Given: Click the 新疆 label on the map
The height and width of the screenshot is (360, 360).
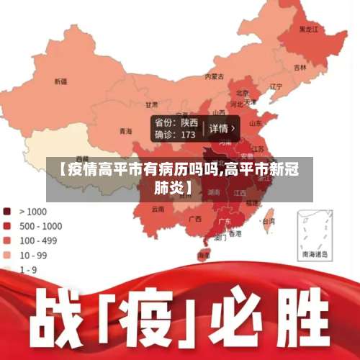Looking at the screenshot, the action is point(60,81).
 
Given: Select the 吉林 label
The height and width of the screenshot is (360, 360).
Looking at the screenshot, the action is point(300,67).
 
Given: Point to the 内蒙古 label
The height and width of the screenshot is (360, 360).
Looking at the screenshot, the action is point(214,76).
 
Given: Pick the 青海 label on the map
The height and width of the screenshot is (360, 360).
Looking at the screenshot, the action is point(126,131).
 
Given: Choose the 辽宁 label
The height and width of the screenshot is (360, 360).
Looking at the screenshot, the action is point(276,87).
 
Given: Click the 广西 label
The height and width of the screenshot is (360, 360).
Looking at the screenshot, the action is point(194,218).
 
